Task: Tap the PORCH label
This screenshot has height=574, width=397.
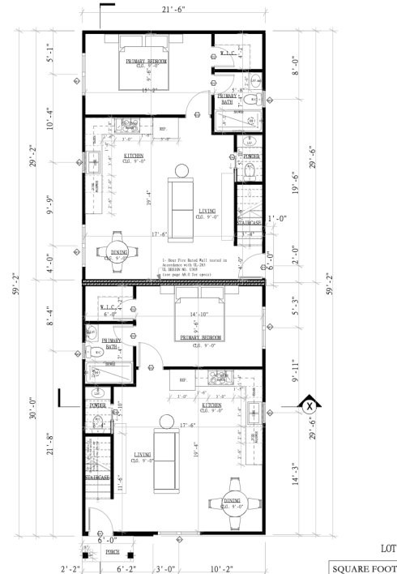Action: [x=113, y=553]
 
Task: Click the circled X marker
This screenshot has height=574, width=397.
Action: [x=309, y=405]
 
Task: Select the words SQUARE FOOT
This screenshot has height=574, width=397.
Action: [x=362, y=566]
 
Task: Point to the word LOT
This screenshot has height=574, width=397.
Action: [x=386, y=548]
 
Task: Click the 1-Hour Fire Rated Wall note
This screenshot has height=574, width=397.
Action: [x=194, y=265]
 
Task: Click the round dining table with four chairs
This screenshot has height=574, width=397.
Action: [x=236, y=502]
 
